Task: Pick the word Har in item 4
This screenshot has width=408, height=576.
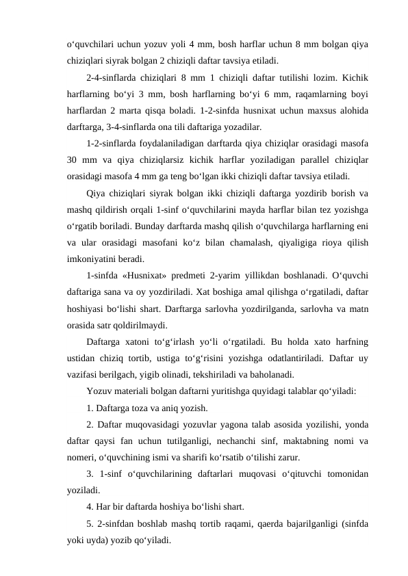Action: pos(105,507)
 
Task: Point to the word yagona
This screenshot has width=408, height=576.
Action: pos(242,424)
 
